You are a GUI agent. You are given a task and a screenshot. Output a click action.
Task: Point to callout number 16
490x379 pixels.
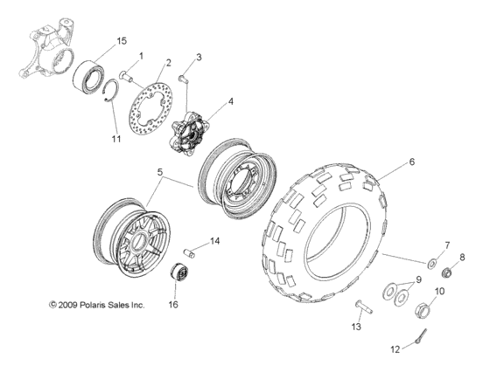173,305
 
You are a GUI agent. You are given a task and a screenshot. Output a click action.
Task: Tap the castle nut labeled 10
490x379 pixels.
423,307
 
